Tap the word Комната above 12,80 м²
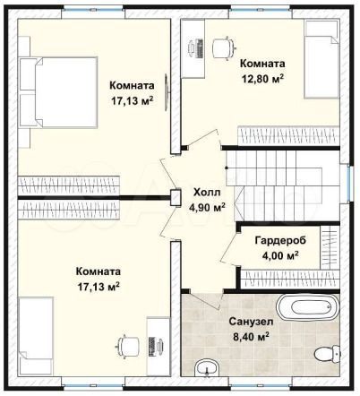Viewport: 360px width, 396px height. point(261,64)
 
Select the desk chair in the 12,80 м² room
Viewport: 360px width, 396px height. point(224,43)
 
